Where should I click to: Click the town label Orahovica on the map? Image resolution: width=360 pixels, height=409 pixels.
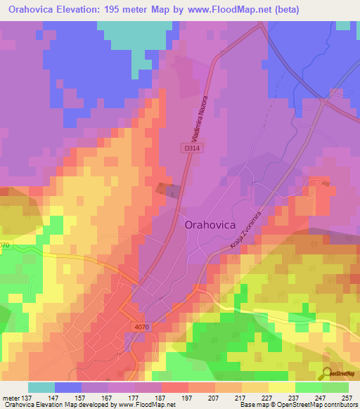(x=214, y=226)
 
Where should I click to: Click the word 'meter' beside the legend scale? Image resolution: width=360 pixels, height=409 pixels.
(x=11, y=396)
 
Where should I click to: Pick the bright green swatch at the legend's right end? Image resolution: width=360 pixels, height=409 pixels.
(x=335, y=387)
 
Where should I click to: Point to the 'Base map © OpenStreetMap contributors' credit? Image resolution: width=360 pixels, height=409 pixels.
(x=297, y=405)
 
